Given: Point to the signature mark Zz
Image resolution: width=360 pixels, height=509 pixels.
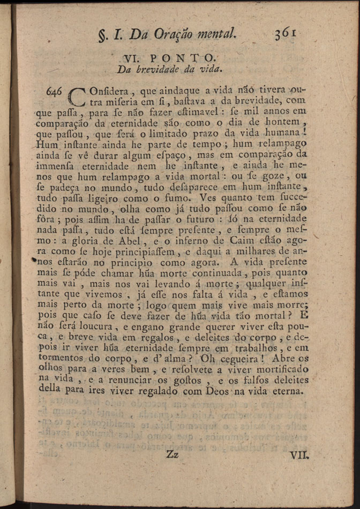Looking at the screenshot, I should coord(172,455).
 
